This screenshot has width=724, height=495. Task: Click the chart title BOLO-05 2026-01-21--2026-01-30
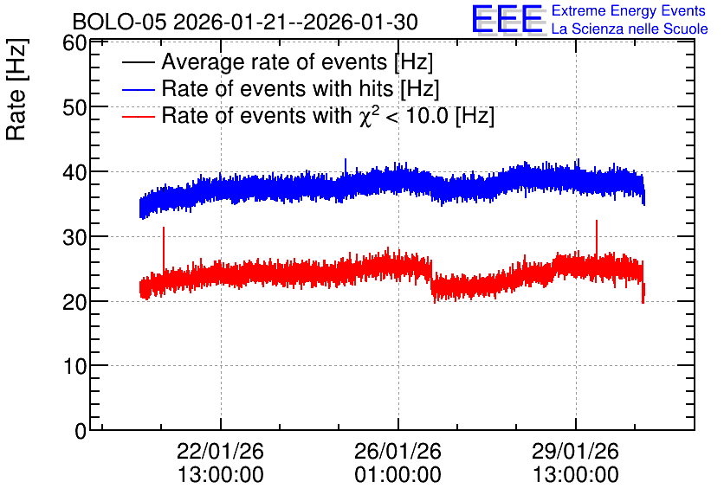pyautogui.click(x=245, y=22)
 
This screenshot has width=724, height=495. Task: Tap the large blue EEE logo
pyautogui.click(x=507, y=19)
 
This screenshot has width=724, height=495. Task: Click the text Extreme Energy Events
pyautogui.click(x=629, y=10)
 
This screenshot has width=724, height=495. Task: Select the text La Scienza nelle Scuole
pyautogui.click(x=630, y=29)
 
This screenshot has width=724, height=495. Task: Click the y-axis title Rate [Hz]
pyautogui.click(x=16, y=89)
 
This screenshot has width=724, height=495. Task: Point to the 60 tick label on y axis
pyautogui.click(x=74, y=43)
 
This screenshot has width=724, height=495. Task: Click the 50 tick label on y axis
pyautogui.click(x=74, y=107)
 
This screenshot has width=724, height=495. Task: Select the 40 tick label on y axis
pyautogui.click(x=74, y=172)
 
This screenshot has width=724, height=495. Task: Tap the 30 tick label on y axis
pyautogui.click(x=74, y=237)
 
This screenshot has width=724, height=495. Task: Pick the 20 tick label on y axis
pyautogui.click(x=74, y=302)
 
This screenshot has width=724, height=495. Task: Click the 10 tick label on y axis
pyautogui.click(x=74, y=367)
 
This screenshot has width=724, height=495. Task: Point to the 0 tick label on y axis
pyautogui.click(x=81, y=431)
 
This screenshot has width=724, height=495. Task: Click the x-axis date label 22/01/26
pyautogui.click(x=220, y=451)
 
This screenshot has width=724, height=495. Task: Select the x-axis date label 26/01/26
pyautogui.click(x=398, y=451)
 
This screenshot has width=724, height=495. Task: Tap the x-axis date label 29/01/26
pyautogui.click(x=575, y=451)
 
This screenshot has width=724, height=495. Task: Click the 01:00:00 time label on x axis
pyautogui.click(x=398, y=475)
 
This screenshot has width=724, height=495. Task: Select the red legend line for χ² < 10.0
pyautogui.click(x=138, y=116)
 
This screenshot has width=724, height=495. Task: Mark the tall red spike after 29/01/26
pyautogui.click(x=597, y=238)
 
